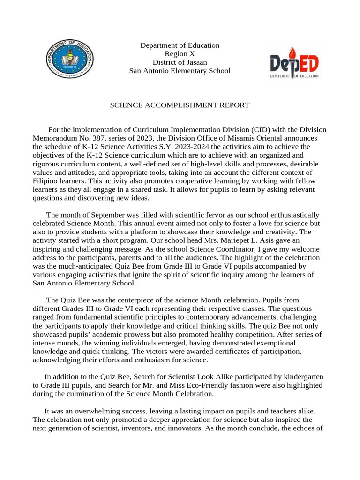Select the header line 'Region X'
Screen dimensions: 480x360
pyautogui.click(x=180, y=54)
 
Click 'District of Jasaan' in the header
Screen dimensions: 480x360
pyautogui.click(x=180, y=62)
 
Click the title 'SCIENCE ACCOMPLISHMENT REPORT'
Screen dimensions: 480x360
pyautogui.click(x=180, y=105)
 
